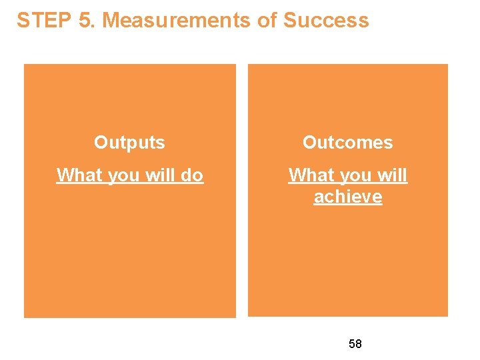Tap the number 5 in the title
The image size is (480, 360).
[x=84, y=21]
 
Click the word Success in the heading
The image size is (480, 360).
[x=326, y=21]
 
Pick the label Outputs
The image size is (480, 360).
[x=129, y=142]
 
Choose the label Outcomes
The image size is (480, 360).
[x=348, y=142]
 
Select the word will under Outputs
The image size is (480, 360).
[x=158, y=175]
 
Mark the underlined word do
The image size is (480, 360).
[x=192, y=175]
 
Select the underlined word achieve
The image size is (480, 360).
[x=348, y=197]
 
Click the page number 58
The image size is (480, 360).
[x=355, y=344]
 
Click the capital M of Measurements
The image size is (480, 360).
[x=111, y=21]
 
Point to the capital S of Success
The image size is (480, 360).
[x=290, y=21]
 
